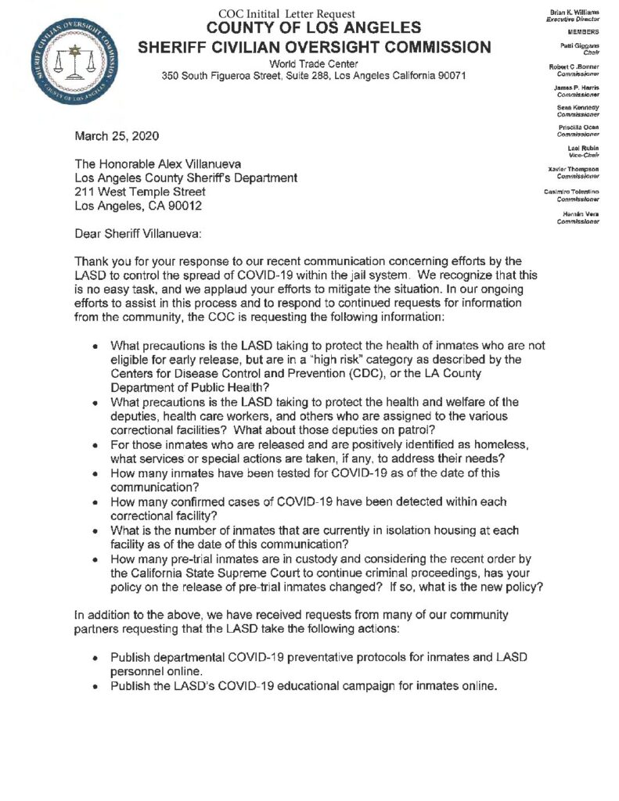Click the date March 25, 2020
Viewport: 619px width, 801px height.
(117, 135)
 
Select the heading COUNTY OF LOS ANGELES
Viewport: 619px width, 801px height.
(315, 30)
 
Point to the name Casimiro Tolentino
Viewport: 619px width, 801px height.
(571, 192)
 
